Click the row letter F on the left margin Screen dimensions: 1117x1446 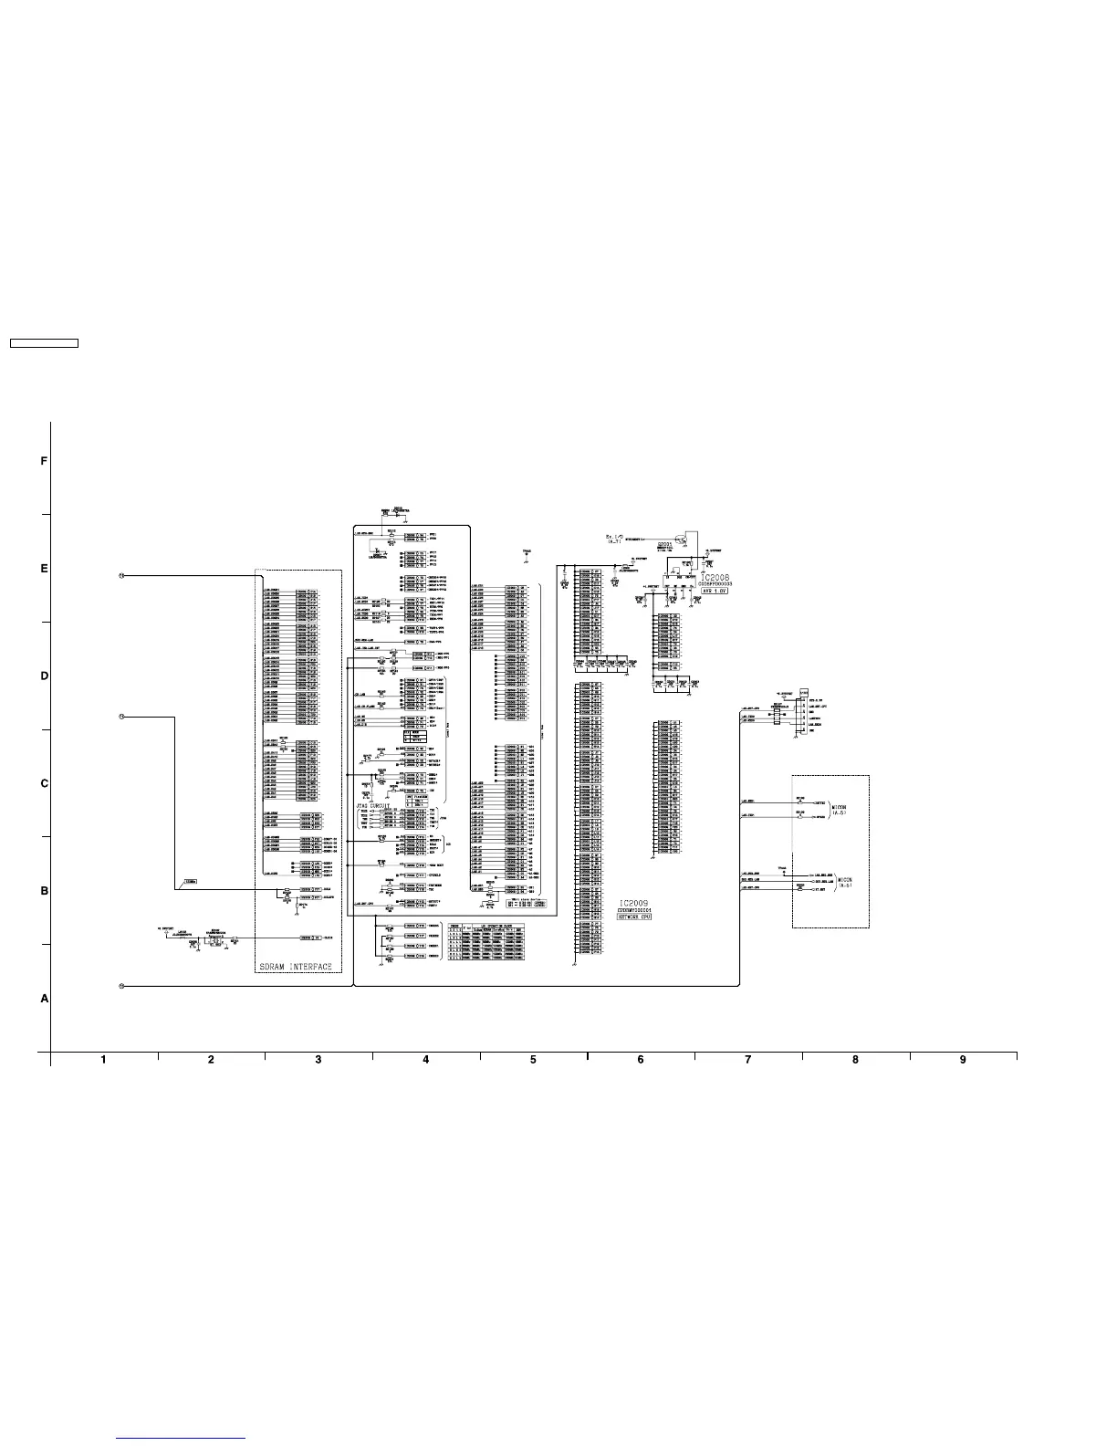tap(44, 462)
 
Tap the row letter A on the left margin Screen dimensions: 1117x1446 tap(44, 1000)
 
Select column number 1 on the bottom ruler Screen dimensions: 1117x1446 tap(104, 1060)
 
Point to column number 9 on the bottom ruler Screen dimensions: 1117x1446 tap(963, 1060)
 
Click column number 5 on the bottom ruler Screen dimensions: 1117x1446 tap(533, 1060)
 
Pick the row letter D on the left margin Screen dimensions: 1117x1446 tap(44, 676)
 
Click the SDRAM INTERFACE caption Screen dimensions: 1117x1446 tap(295, 966)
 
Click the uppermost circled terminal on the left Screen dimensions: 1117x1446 tap(121, 576)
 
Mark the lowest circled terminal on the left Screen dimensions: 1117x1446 tap(121, 986)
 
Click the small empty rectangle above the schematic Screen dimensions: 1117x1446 tap(44, 344)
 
